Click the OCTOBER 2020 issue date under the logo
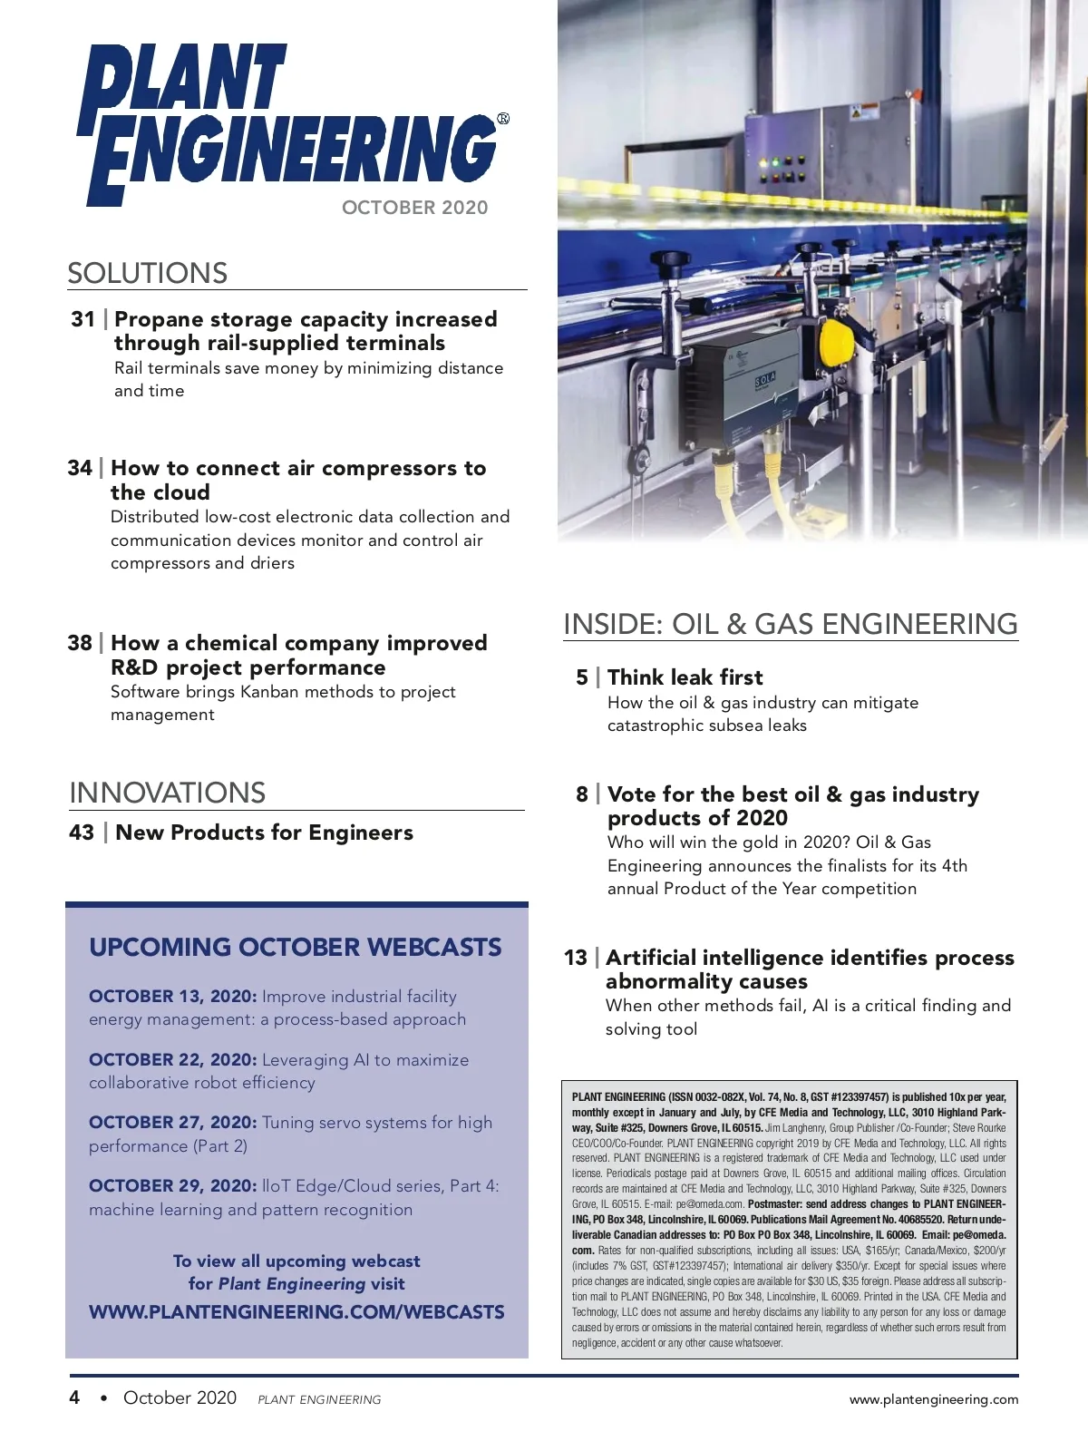coord(414,208)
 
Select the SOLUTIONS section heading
coord(147,273)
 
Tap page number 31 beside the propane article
coord(83,319)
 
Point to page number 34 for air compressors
coord(79,468)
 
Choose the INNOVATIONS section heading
coord(167,793)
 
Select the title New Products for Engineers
coord(264,833)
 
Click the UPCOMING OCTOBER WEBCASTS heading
coord(295,948)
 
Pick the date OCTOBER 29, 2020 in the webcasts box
coord(172,1186)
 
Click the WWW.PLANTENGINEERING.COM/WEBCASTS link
coord(296,1312)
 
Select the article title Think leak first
coord(685,677)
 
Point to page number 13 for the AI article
coord(575,958)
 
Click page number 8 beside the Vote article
coord(581,794)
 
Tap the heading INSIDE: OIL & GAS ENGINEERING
coord(790,624)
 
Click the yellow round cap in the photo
coord(836,346)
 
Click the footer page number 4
coord(74,1397)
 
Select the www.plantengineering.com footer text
coord(933,1399)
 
